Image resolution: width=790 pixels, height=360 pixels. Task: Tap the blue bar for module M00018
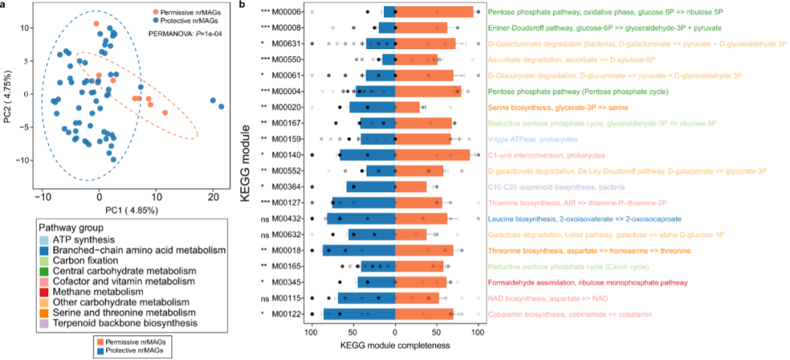coord(358,250)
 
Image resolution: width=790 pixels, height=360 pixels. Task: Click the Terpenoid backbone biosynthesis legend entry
coord(116,323)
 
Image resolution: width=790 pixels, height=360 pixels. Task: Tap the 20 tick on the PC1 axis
coord(213,197)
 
